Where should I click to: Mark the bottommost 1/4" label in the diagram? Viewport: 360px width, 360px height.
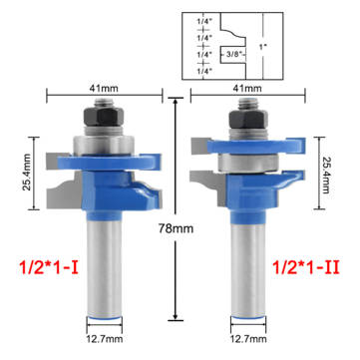point(202,71)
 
